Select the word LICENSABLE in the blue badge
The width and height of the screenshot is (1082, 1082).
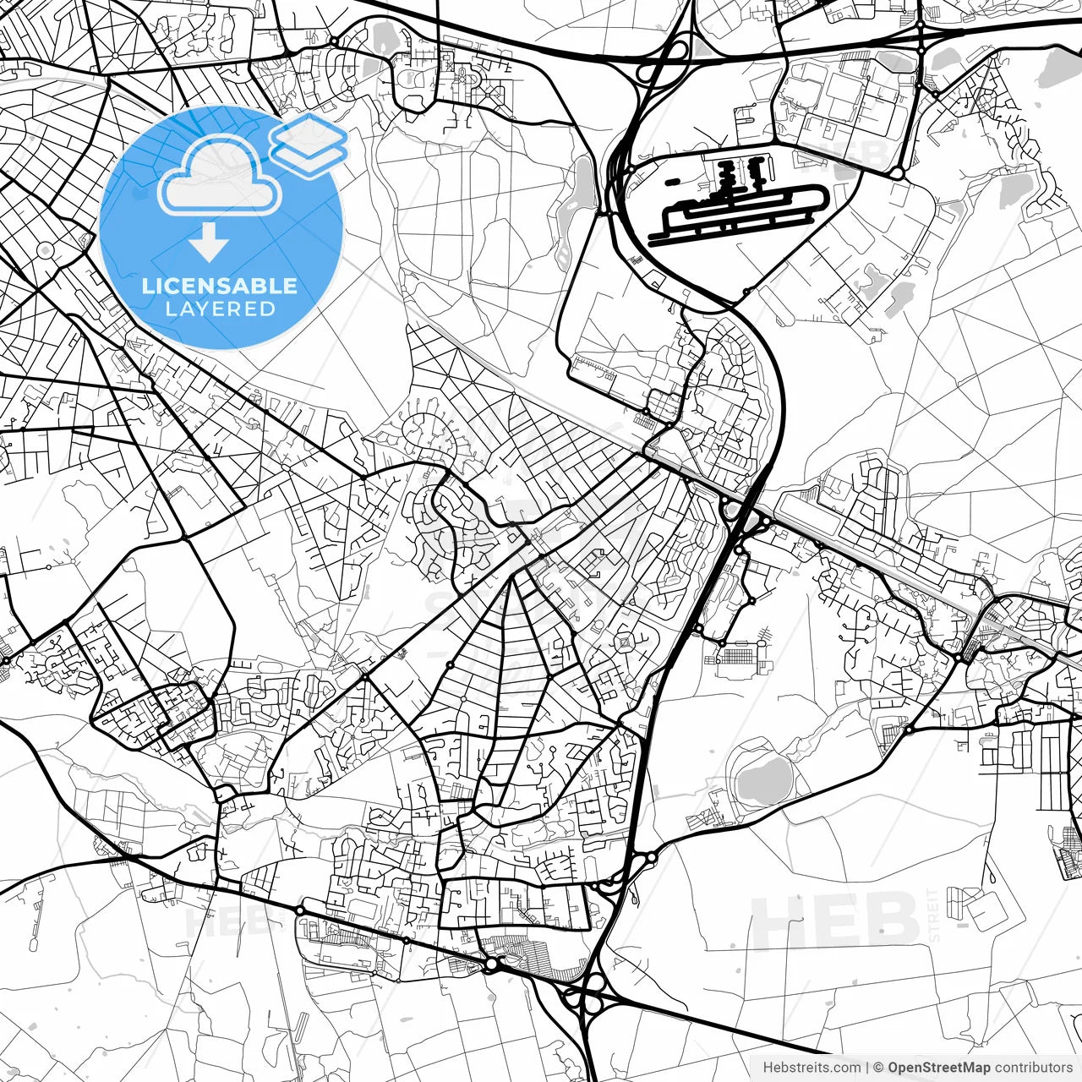220,286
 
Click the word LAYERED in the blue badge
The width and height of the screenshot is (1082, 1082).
220,309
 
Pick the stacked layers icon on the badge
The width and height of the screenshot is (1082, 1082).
310,144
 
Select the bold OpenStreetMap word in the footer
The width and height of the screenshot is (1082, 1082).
938,1068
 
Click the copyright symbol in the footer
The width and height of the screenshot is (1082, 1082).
878,1068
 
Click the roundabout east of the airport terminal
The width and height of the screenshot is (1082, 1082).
897,173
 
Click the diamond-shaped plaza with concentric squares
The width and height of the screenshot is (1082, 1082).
626,644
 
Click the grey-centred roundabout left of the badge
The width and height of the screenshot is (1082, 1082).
45,250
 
